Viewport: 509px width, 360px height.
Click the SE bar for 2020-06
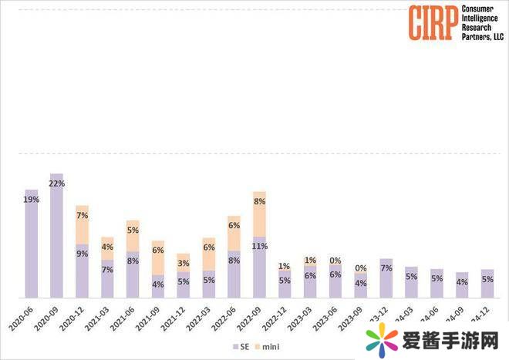pos(31,243)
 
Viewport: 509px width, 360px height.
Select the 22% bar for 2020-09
pos(56,235)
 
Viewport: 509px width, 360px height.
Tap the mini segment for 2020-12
pos(82,225)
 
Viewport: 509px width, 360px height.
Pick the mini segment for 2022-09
pos(259,214)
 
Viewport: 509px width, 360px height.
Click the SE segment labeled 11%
pos(259,267)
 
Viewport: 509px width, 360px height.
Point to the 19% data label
pos(31,199)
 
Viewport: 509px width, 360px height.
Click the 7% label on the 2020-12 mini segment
pos(82,216)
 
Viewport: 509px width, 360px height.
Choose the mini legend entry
pos(265,346)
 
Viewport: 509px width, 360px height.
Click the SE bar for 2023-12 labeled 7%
pos(386,278)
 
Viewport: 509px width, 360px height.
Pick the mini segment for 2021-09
pos(157,257)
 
